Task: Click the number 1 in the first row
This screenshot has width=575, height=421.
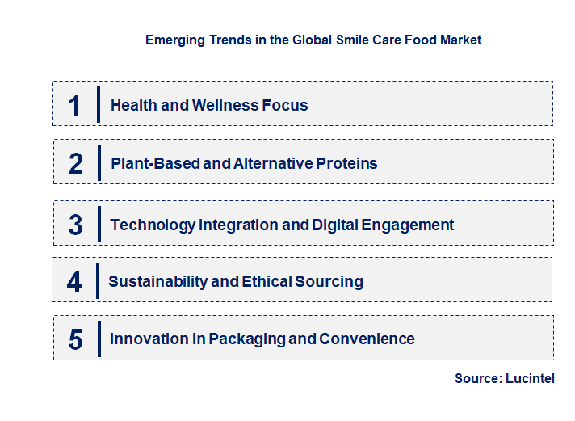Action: click(75, 106)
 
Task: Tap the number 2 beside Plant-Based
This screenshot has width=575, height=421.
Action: click(76, 164)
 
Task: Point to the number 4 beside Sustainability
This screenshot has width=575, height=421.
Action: click(74, 282)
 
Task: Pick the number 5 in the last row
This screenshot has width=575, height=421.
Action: click(76, 339)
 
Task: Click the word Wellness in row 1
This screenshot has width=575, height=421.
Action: click(224, 106)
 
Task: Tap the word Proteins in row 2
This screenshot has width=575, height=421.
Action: click(346, 164)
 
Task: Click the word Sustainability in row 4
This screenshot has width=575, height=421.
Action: click(162, 282)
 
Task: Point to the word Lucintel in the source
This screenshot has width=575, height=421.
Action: click(530, 378)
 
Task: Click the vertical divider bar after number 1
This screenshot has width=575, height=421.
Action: click(99, 105)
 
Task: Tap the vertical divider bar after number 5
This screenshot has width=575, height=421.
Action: click(99, 338)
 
